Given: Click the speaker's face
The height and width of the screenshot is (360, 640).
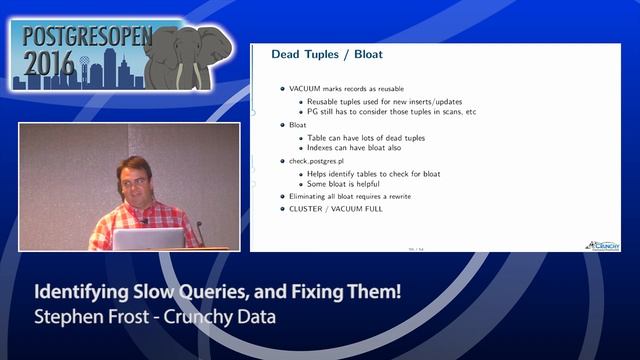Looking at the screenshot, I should pyautogui.click(x=133, y=181).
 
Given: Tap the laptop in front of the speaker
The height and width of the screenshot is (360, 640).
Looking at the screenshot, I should pyautogui.click(x=148, y=239).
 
